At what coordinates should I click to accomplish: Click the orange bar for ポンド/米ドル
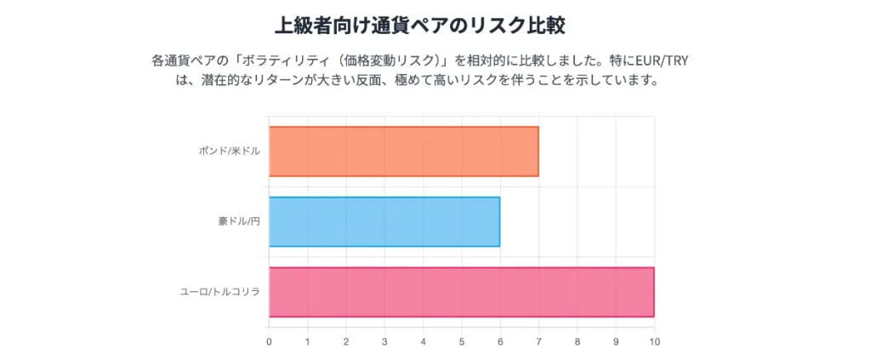pos(403,151)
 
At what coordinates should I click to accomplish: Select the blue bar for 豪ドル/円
pos(384,222)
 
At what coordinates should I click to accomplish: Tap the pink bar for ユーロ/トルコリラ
pos(461,292)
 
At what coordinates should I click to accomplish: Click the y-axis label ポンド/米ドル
pos(229,151)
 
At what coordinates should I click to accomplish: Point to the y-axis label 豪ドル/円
pos(238,222)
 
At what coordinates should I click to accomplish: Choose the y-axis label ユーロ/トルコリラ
pos(219,292)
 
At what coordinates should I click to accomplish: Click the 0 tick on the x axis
pos(269,342)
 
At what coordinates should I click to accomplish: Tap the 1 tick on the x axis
pos(308,342)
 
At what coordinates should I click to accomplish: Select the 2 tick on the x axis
pos(346,342)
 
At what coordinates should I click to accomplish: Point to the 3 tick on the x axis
pos(384,342)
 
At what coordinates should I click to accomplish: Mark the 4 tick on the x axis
pos(424,342)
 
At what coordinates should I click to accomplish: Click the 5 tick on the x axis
pos(462,342)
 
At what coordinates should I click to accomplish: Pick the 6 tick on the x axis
pos(500,342)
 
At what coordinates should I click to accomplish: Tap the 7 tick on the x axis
pos(538,342)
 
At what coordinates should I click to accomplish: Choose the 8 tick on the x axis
pos(578,342)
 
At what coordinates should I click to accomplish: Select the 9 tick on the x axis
pos(616,342)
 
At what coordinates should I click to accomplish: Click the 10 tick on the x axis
pos(654,342)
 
